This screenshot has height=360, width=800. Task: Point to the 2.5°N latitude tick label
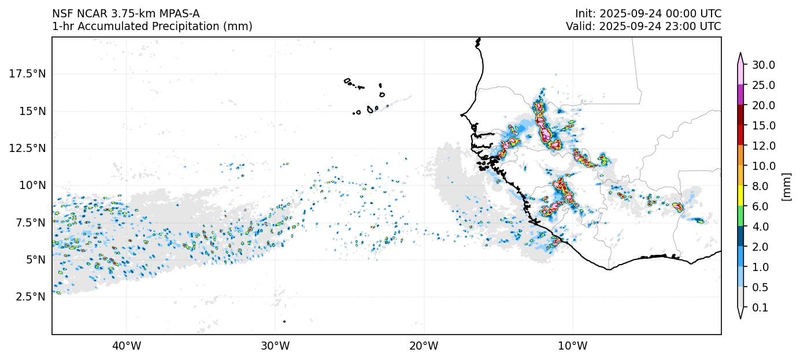click(x=28, y=297)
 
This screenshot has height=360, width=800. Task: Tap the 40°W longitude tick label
click(x=126, y=346)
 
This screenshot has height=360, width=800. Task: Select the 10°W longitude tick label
click(x=573, y=346)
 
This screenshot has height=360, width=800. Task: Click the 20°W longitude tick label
click(x=424, y=346)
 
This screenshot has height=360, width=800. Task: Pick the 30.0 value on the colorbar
click(x=763, y=65)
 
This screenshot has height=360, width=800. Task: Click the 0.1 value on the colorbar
click(x=760, y=308)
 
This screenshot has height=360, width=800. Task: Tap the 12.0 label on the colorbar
click(x=763, y=146)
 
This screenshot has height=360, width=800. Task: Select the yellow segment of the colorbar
click(x=740, y=196)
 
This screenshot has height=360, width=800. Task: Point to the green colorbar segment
click(x=740, y=217)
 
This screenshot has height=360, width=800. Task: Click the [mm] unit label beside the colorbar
click(x=786, y=187)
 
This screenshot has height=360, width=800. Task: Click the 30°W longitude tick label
click(x=275, y=346)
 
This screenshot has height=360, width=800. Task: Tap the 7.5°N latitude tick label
click(x=28, y=222)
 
